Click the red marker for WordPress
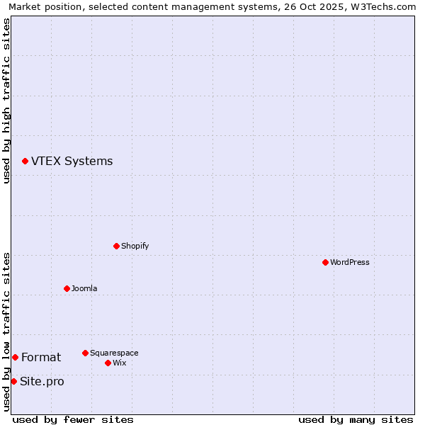325,262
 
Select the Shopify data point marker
116,246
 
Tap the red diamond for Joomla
67,288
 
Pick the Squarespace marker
85,353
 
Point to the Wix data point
108,363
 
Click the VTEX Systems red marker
25,161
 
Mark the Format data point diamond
15,357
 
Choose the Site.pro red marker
13,381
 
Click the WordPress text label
350,262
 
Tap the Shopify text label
135,246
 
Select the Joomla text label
84,288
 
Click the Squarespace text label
114,353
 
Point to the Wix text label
120,363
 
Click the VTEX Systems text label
72,161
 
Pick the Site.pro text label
42,382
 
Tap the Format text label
41,358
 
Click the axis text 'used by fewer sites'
73,419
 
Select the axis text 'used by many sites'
356,419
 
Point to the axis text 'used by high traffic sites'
6,101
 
